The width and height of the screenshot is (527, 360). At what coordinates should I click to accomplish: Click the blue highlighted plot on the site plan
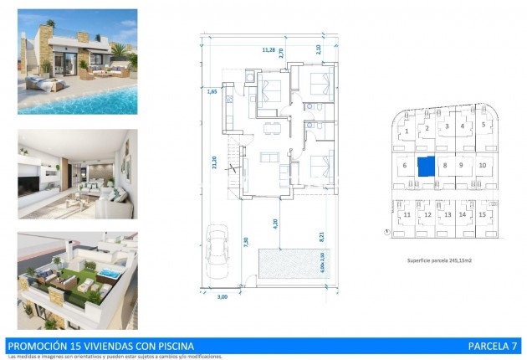(427, 166)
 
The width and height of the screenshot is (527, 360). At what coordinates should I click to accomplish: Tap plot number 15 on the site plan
(483, 215)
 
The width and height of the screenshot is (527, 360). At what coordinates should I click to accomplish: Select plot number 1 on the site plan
(406, 131)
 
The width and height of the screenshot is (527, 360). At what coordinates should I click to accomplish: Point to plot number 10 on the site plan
(483, 166)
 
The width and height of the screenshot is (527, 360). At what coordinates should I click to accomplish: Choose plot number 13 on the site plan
(448, 215)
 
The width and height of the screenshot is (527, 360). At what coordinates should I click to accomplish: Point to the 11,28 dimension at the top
(269, 49)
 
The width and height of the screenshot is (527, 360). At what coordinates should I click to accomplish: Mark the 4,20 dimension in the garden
(274, 224)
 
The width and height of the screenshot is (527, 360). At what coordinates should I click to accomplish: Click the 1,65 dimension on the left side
(213, 91)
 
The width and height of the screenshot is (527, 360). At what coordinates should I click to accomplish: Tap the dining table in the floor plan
(269, 127)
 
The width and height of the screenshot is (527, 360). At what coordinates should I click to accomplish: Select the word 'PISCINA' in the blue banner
(171, 345)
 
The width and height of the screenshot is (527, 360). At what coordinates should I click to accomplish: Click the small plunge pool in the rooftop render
(111, 274)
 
